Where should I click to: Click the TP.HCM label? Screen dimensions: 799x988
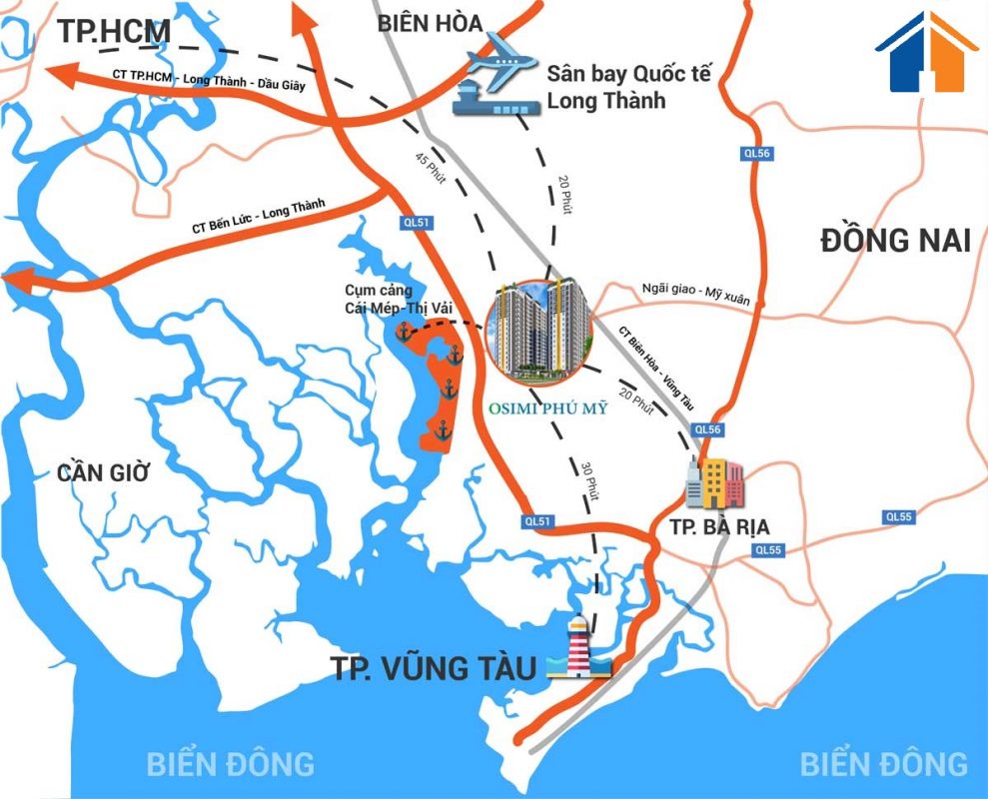pyautogui.click(x=114, y=31)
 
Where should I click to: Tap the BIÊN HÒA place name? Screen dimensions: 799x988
pyautogui.click(x=430, y=23)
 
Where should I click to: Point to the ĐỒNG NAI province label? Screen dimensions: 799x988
pyautogui.click(x=895, y=241)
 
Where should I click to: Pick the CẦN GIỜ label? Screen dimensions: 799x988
pyautogui.click(x=103, y=472)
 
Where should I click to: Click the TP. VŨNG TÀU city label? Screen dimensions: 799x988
pyautogui.click(x=435, y=667)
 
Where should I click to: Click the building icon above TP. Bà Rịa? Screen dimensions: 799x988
pyautogui.click(x=714, y=483)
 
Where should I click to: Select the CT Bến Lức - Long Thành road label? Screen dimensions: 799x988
pyautogui.click(x=259, y=215)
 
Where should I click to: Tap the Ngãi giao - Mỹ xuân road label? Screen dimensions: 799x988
pyautogui.click(x=698, y=291)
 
